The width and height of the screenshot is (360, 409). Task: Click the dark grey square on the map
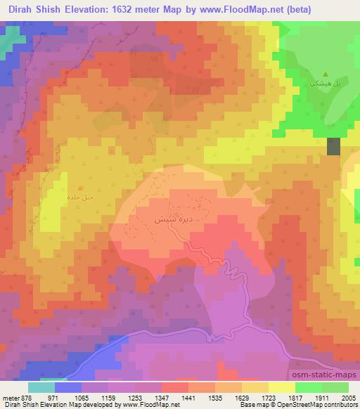click(334, 146)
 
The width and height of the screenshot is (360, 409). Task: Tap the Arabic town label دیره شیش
click(169, 219)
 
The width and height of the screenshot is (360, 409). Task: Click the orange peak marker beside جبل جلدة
click(82, 188)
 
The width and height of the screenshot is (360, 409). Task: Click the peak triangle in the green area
click(325, 73)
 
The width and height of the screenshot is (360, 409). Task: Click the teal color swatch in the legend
click(41, 387)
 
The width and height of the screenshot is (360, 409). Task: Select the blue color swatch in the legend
click(68, 387)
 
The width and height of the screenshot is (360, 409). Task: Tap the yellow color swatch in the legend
click(281, 387)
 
